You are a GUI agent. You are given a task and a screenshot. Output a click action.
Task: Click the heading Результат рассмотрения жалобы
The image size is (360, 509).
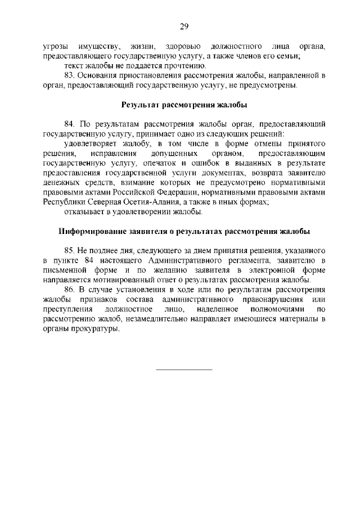click(x=184, y=105)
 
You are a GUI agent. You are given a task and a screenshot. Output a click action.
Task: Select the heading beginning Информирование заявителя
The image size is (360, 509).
click(x=184, y=232)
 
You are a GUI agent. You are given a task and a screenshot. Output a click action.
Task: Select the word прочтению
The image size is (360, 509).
click(x=176, y=65)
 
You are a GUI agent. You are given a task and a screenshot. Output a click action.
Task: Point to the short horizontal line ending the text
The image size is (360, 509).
click(x=184, y=370)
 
